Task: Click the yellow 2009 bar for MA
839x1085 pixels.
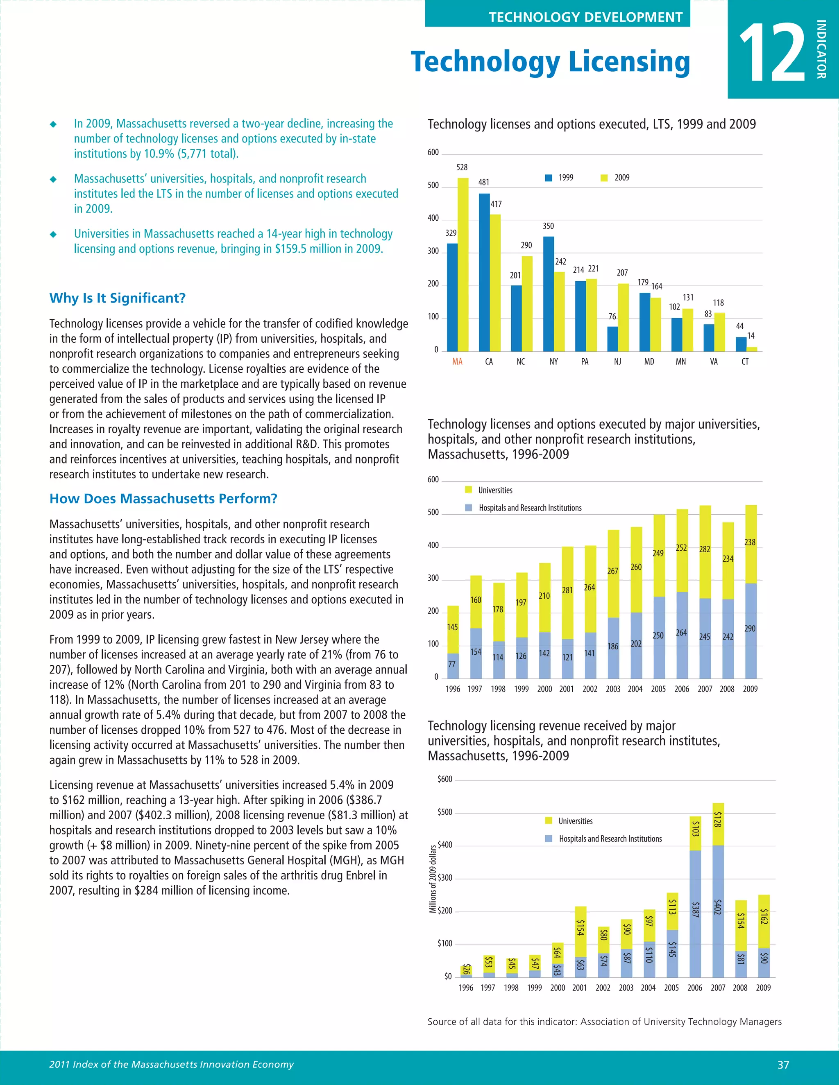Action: coord(463,264)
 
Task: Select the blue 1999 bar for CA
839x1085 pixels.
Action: coord(484,272)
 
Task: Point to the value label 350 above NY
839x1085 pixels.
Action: coord(548,226)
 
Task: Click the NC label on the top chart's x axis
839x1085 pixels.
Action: coord(520,362)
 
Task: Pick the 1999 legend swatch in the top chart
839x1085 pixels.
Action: coord(549,178)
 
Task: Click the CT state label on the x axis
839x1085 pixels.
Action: coord(744,362)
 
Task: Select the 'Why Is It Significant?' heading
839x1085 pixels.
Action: coord(117,298)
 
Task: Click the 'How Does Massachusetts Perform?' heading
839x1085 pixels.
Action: coord(163,499)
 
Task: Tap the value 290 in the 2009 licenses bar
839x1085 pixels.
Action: coord(750,628)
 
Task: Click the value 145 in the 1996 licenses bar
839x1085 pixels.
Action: coord(452,627)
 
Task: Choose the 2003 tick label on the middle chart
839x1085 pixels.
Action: coord(613,689)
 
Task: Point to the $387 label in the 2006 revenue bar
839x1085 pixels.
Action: coord(695,910)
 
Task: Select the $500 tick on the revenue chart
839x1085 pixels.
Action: coord(445,812)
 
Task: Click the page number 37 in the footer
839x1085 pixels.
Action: coord(783,1064)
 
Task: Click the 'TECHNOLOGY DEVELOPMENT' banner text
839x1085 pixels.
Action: coord(585,17)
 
